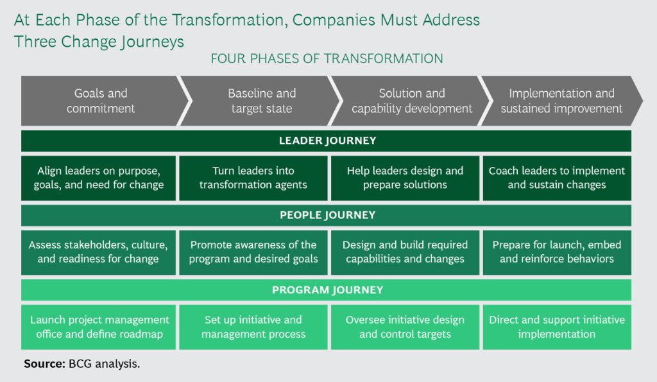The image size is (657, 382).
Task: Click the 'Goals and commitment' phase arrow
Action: tap(101, 101)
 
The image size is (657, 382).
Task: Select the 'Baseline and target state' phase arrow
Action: tap(262, 101)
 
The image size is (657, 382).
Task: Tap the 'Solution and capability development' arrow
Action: tap(412, 101)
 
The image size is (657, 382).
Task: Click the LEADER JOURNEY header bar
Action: tap(327, 141)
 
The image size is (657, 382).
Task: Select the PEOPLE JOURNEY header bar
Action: tap(327, 215)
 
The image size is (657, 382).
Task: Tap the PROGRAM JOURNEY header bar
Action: tap(327, 290)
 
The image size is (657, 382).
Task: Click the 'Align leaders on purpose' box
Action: tap(99, 178)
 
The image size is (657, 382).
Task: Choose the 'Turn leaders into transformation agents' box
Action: tap(253, 178)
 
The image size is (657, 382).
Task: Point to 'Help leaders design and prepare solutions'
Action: tap(405, 178)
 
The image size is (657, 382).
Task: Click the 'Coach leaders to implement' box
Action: tap(557, 178)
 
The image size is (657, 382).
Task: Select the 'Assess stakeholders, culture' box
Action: tap(99, 252)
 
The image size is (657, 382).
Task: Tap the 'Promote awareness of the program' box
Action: tap(253, 252)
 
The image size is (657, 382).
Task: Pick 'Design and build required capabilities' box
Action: tap(405, 252)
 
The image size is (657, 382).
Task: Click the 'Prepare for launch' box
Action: tap(557, 252)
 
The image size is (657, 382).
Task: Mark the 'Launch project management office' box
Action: tap(99, 327)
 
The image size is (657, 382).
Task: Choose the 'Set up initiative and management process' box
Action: tap(253, 327)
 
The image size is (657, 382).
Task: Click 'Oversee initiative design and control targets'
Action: tap(405, 327)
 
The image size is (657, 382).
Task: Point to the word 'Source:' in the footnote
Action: tap(44, 364)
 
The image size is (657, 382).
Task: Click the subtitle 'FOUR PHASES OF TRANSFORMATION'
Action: tap(327, 58)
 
